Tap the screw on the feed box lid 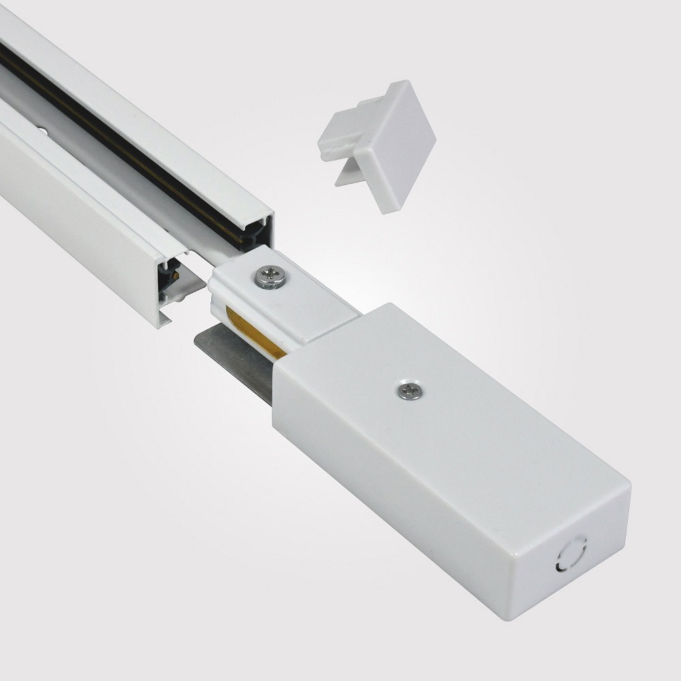pos(409,390)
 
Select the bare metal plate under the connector pos(232,361)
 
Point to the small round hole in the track pos(42,130)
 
